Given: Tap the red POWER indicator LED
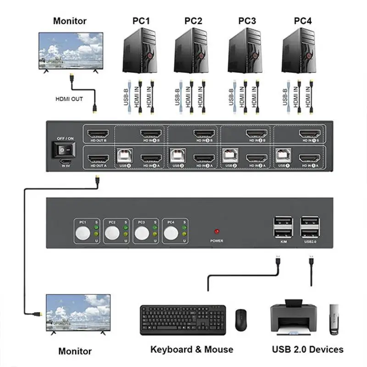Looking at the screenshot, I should click(217, 232).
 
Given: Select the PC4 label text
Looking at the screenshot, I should click(303, 21).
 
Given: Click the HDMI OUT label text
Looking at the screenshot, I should click(69, 98).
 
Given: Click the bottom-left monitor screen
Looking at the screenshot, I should click(78, 311).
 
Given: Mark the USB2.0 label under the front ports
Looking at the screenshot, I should click(311, 240).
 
